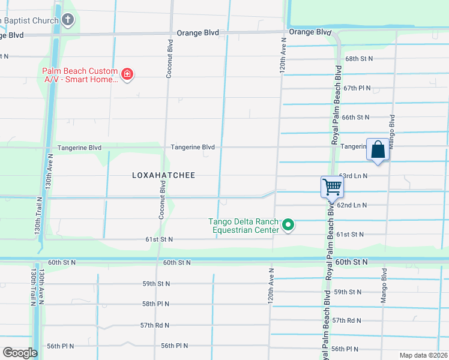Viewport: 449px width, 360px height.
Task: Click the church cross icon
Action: coord(68,20)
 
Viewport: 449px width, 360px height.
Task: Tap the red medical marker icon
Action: coord(127,74)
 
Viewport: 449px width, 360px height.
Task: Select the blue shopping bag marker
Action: coord(378,149)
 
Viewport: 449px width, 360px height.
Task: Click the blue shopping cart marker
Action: coord(331,187)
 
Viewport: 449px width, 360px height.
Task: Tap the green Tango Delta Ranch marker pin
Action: coord(288,226)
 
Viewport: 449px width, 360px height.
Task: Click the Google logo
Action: coord(20,353)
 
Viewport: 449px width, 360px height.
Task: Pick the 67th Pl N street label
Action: coord(357,88)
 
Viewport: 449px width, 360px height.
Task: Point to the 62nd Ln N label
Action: coord(353,205)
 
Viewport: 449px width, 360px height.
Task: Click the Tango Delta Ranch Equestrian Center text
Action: coord(244,226)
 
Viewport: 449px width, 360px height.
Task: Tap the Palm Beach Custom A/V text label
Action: coord(80,75)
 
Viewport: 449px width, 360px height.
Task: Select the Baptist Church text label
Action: coord(29,20)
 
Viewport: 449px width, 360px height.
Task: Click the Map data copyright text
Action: coord(423,355)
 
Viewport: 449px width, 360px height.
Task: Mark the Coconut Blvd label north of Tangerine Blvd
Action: coord(170,58)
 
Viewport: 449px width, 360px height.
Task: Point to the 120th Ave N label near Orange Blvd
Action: coord(282,53)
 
